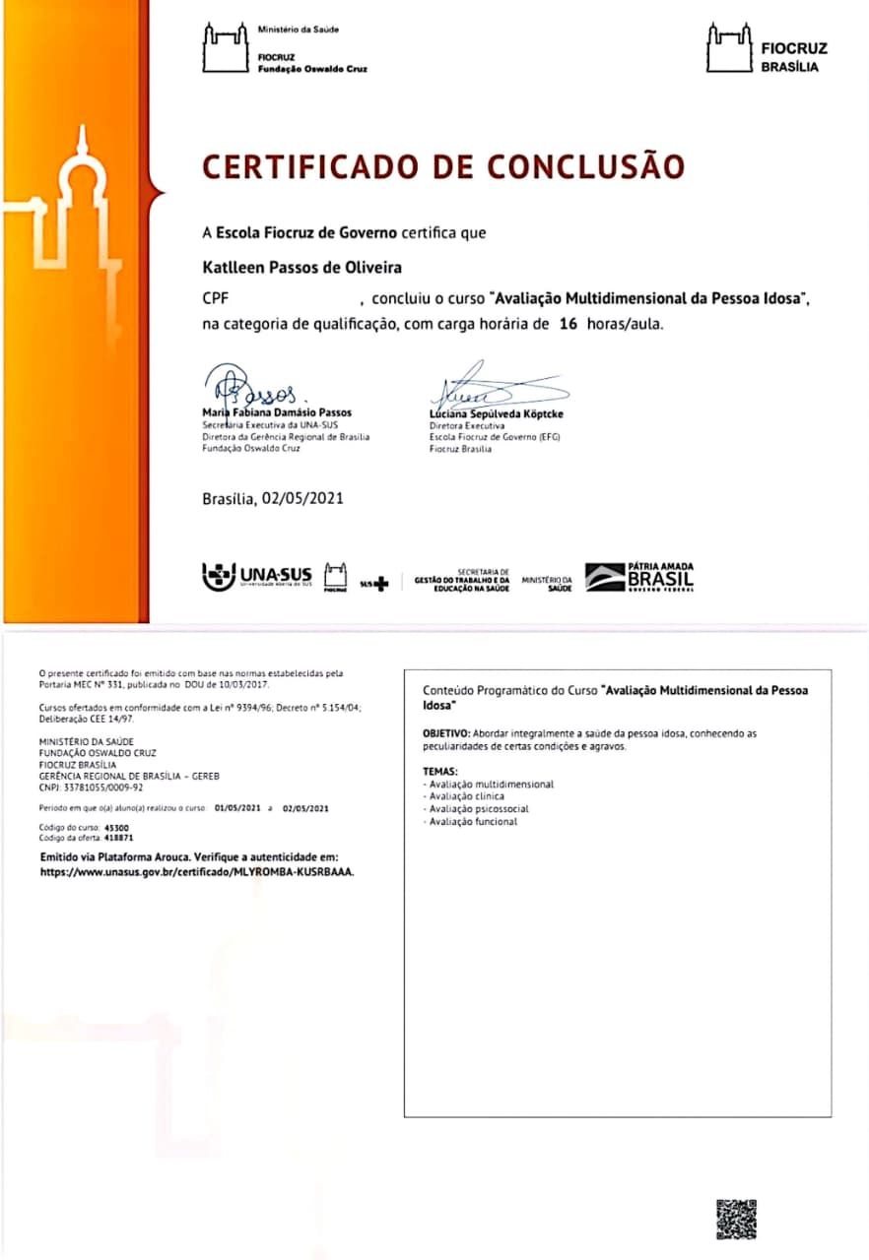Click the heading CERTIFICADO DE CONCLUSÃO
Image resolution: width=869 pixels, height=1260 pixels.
point(442,166)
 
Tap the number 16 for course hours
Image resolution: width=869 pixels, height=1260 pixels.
point(568,324)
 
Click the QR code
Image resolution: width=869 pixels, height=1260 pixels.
point(736,1219)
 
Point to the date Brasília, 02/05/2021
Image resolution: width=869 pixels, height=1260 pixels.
point(273,499)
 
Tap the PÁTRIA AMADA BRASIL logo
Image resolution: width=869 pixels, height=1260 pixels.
point(639,577)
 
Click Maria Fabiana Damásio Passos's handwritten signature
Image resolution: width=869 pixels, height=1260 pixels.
point(250,383)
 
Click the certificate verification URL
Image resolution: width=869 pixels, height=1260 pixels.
point(197,872)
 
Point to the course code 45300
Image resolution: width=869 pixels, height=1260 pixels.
point(90,828)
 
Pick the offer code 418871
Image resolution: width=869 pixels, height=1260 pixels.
point(93,837)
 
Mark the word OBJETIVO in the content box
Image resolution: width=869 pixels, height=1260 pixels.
point(445,734)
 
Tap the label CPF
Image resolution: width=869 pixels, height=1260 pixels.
point(216,296)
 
